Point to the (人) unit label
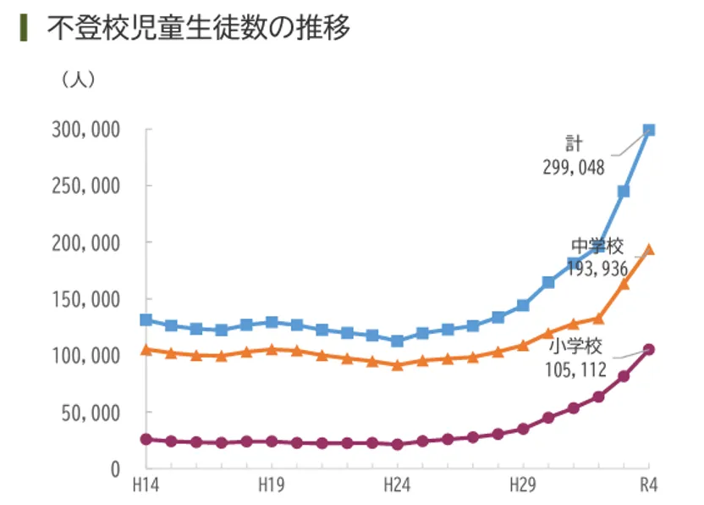78,80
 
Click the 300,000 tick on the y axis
87,130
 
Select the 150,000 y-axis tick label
87,299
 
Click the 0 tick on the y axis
117,469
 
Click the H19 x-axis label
272,487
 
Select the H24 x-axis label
397,487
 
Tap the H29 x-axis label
522,487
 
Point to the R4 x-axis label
649,487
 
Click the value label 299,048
574,167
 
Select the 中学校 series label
597,247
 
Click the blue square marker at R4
649,130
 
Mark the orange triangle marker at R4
649,249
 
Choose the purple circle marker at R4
649,349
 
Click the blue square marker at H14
146,320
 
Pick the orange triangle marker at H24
397,364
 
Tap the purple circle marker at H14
146,439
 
